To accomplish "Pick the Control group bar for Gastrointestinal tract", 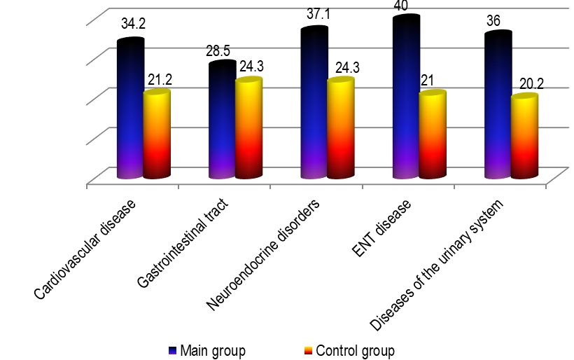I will [248, 129].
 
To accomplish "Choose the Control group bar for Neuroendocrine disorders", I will [341, 129].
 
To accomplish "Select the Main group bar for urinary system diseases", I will [498, 105].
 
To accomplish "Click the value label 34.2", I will [133, 25].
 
